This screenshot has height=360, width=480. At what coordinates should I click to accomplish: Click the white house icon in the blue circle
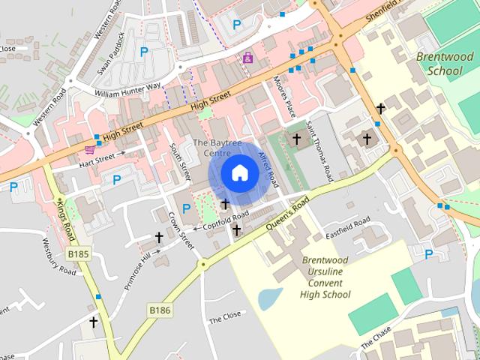pos(240,173)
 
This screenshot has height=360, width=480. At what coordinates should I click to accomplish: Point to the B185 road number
pos(76,255)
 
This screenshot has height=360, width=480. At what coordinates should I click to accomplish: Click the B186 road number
pos(159,309)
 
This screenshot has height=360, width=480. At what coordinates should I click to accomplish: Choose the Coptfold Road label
pos(224,219)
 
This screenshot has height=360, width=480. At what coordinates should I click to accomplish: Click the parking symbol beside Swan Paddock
pos(143,52)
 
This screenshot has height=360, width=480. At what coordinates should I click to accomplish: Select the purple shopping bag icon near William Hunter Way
pos(248,57)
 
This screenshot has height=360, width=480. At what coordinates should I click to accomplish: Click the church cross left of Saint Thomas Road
pos(296,139)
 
